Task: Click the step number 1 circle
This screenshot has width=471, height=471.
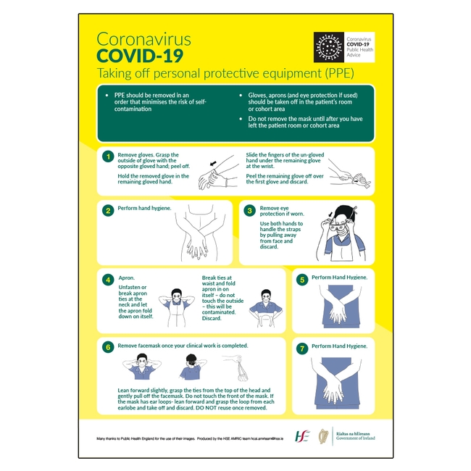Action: click(107, 156)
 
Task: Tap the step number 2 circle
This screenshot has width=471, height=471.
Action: click(107, 211)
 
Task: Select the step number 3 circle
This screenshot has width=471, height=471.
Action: click(249, 211)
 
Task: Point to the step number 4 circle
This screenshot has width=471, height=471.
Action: click(107, 279)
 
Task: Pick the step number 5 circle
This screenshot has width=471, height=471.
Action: click(302, 279)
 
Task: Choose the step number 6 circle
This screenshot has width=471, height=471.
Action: click(107, 347)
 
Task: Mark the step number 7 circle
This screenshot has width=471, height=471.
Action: click(302, 347)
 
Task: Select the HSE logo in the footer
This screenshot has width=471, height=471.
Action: click(301, 435)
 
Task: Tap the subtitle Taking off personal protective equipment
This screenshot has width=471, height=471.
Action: click(225, 73)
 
